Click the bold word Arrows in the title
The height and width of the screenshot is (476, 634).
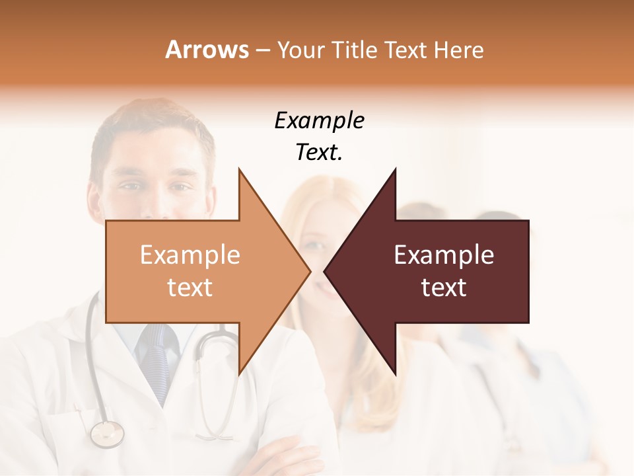click(206, 50)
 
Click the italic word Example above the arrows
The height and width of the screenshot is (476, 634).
click(319, 121)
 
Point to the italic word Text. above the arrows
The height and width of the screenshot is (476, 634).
click(319, 153)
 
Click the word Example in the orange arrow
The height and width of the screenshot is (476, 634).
click(190, 255)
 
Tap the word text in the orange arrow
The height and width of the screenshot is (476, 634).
click(190, 288)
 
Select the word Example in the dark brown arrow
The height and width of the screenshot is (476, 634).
click(444, 255)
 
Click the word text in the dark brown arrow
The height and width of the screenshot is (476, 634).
click(444, 288)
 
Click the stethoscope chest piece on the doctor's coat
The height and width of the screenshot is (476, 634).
click(107, 434)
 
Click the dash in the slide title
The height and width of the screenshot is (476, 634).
click(262, 50)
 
